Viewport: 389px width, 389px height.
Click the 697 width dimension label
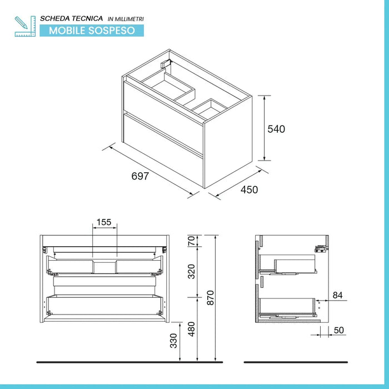tap(139, 176)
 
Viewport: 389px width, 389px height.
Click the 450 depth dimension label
tap(249, 189)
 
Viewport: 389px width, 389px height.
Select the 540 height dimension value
tap(276, 129)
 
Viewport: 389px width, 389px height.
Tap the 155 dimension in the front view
tap(104, 222)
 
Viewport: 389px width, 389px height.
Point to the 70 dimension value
tap(192, 241)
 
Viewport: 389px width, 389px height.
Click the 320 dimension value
tap(192, 272)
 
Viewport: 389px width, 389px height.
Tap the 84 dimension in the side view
tap(338, 295)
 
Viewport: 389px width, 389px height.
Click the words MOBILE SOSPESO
tap(92, 31)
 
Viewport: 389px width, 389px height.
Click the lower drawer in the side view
tap(289, 306)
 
